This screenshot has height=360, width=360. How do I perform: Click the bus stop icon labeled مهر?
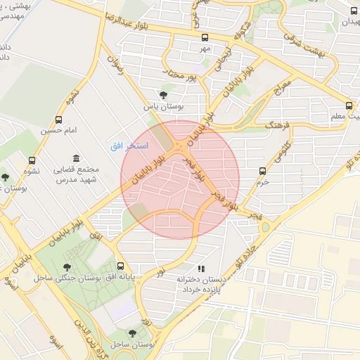[205, 38]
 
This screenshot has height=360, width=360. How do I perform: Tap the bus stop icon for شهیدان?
[354, 11]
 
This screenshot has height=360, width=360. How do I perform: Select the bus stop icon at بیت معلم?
[350, 105]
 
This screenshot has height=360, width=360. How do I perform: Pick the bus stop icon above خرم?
[263, 170]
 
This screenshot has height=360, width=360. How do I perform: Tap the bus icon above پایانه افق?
[121, 266]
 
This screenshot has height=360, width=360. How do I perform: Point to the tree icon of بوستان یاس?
[164, 95]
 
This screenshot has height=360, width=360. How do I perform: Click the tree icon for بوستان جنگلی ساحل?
[67, 267]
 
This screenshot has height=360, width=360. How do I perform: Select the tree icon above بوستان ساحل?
[132, 333]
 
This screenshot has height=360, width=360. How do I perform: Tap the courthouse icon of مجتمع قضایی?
[75, 158]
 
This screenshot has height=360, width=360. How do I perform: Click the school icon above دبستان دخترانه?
[200, 268]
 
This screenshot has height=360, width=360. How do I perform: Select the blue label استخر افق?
[126, 146]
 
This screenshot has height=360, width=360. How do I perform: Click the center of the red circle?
[180, 179]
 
